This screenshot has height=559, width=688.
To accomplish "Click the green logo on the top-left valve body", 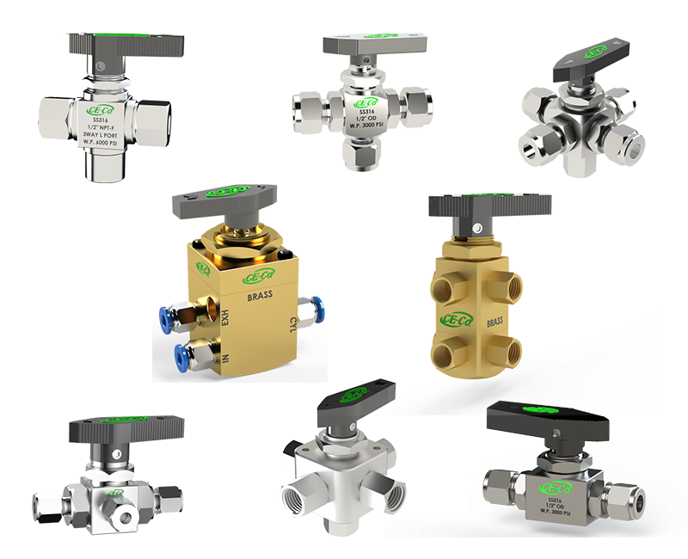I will (103, 111).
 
